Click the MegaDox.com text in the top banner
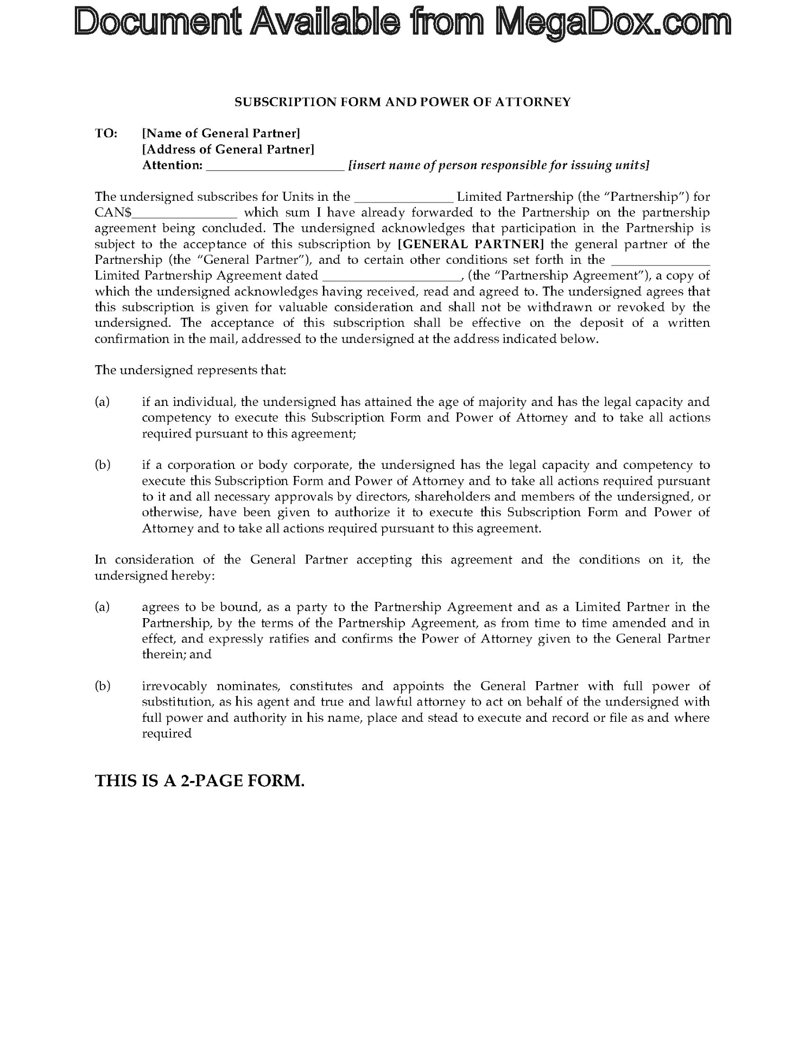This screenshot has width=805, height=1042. click(613, 23)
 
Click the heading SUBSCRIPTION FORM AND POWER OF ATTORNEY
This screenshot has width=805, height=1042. click(402, 101)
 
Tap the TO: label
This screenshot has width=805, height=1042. click(106, 133)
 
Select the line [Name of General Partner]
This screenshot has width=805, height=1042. click(221, 133)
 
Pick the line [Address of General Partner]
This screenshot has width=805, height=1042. click(228, 149)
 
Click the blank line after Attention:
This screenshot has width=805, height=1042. click(275, 166)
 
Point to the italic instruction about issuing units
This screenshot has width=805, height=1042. click(498, 165)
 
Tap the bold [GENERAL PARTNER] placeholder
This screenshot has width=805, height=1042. click(471, 244)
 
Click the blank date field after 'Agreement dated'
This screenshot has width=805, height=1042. click(391, 276)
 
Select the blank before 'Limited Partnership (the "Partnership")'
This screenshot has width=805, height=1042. click(403, 198)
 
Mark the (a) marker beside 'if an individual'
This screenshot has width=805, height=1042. click(102, 402)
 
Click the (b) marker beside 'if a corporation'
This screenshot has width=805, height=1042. click(102, 465)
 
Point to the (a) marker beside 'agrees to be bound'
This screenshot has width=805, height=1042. click(102, 607)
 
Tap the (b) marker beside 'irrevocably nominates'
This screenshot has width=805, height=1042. click(102, 686)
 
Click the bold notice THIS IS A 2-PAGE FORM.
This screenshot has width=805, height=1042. click(199, 781)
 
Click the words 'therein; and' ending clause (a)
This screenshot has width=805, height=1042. click(176, 655)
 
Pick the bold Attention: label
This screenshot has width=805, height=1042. click(172, 165)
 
